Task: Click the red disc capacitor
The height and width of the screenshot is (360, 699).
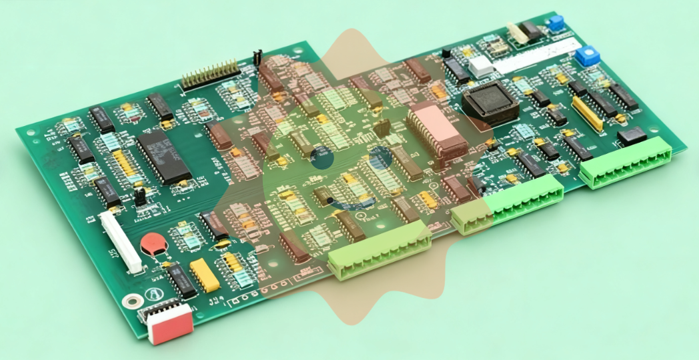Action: tap(154, 245)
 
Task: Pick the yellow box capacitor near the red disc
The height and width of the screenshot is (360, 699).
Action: tap(205, 275)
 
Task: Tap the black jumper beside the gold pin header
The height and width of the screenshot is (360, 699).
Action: tap(257, 57)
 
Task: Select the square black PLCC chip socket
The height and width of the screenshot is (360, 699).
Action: tap(491, 103)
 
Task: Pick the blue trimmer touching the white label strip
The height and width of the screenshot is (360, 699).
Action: tap(587, 55)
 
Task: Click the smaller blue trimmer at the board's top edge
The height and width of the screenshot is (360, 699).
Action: tap(554, 24)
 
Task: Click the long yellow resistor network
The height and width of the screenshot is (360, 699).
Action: tap(586, 114)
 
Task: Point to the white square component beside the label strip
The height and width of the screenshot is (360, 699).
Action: tap(480, 65)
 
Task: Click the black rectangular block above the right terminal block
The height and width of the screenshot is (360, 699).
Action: tap(631, 137)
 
